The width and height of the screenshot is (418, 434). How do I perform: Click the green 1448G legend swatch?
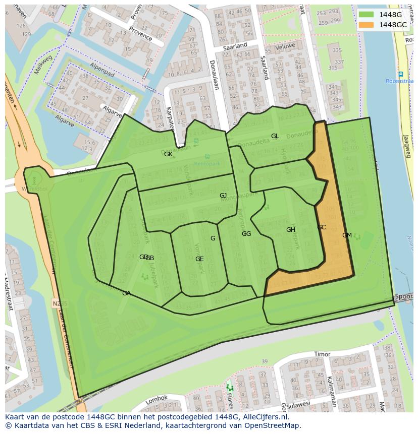tap(367, 15)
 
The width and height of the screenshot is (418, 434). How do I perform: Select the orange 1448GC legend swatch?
tap(367, 25)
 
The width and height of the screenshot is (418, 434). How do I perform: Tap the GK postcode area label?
tap(168, 154)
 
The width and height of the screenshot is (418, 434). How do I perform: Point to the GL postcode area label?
tap(275, 136)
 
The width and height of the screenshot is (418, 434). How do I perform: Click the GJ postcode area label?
tap(223, 196)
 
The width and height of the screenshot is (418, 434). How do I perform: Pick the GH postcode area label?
tap(290, 230)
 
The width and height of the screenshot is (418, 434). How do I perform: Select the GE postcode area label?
tap(199, 259)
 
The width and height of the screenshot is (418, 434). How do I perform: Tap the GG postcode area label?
tap(246, 234)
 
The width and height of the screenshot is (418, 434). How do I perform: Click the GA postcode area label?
tap(126, 293)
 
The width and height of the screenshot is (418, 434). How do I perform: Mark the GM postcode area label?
tap(347, 235)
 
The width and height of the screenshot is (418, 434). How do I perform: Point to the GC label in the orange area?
tap(322, 227)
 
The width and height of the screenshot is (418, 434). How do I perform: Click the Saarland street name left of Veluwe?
tap(235, 45)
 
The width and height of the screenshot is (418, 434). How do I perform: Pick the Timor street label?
tap(322, 354)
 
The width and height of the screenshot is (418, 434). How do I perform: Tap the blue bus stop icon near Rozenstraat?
tap(400, 74)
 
